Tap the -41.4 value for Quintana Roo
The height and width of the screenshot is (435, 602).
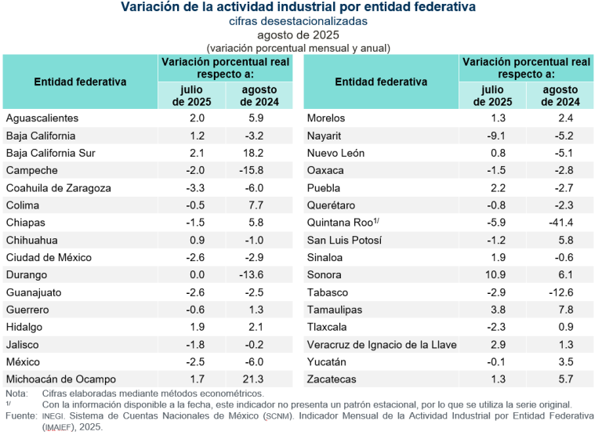(560, 223)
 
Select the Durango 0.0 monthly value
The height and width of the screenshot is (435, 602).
(197, 275)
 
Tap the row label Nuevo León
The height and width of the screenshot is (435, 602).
(335, 153)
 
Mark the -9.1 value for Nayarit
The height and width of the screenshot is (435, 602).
(498, 136)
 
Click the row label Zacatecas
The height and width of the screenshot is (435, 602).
(332, 379)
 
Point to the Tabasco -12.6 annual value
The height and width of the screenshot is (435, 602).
(560, 292)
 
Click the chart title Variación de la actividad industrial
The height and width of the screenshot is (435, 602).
(298, 7)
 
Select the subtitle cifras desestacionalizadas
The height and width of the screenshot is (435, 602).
(298, 21)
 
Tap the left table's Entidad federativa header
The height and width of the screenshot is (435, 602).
(80, 82)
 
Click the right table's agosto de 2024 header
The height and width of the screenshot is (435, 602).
(560, 96)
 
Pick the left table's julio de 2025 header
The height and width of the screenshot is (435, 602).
(192, 96)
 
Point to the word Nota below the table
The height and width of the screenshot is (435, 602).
(16, 393)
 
